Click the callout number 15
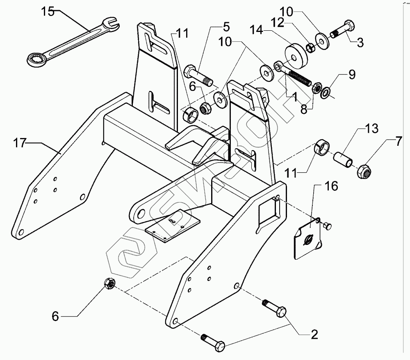tap(48, 12)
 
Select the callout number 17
tap(19, 143)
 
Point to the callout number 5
tap(226, 27)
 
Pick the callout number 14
tap(256, 29)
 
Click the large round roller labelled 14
tap(296, 57)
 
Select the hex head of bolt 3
tap(349, 26)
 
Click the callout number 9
tap(352, 75)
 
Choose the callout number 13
tap(371, 129)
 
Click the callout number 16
tap(331, 186)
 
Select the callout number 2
tap(314, 334)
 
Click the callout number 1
tap(294, 97)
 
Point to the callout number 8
tap(304, 110)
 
